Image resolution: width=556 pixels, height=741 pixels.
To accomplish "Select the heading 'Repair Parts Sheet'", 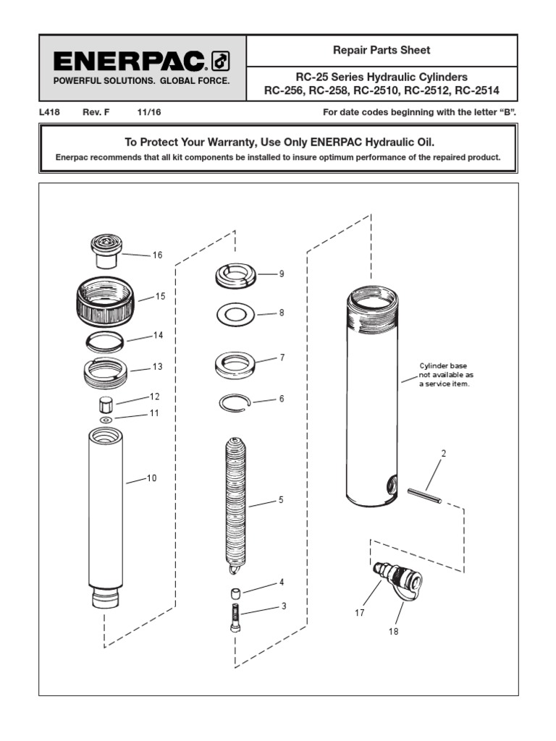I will tap(382, 51).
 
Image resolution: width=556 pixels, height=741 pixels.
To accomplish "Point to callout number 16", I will tap(157, 255).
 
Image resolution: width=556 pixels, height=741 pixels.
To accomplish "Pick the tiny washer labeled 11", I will tap(106, 419).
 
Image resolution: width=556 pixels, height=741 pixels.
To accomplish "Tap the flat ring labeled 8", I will tap(235, 315).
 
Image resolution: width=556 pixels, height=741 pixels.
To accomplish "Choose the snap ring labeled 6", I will tap(235, 402).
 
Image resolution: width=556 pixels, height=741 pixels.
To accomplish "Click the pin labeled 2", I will tap(424, 496).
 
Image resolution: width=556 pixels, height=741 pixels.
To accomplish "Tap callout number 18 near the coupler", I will tap(393, 631).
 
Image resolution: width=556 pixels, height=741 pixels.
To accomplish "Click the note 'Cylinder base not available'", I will tap(447, 375).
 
